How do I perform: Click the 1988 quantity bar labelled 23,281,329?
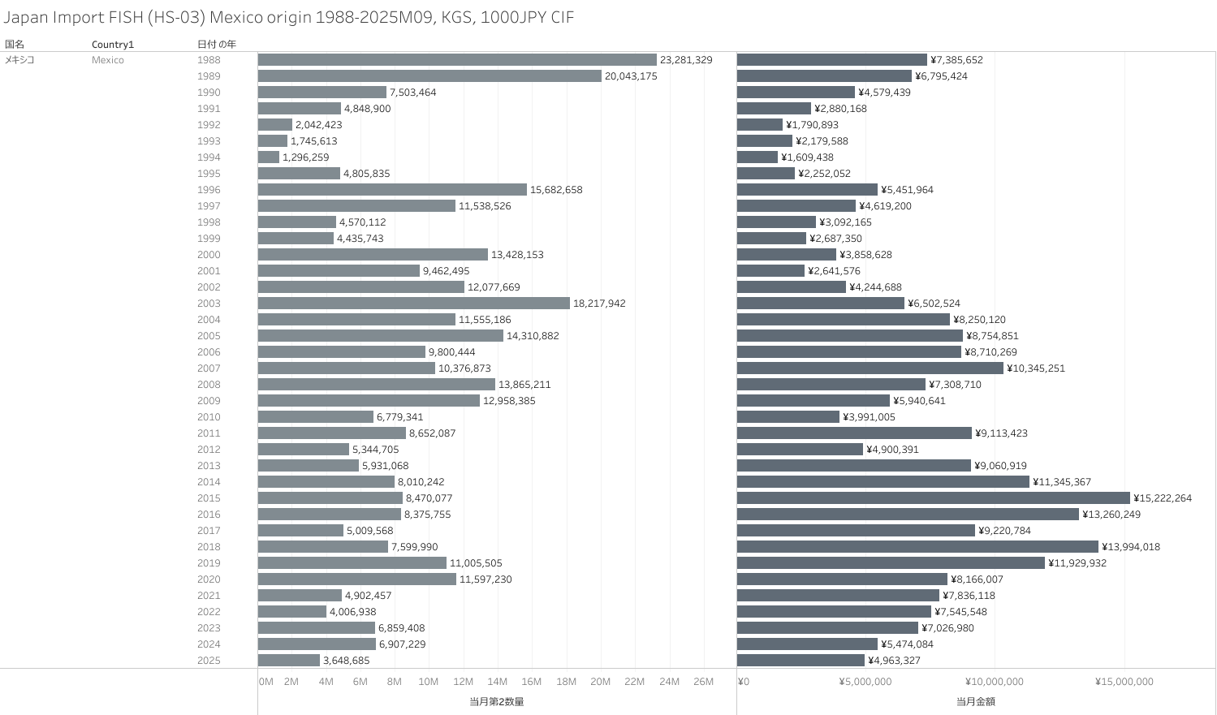pyautogui.click(x=457, y=60)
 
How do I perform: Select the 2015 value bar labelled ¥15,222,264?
pyautogui.click(x=933, y=498)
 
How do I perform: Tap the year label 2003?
pyautogui.click(x=209, y=304)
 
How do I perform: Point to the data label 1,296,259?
pyautogui.click(x=306, y=157)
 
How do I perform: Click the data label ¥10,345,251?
pyautogui.click(x=1036, y=368)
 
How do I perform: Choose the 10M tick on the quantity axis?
pyautogui.click(x=428, y=682)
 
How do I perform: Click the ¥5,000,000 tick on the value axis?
pyautogui.click(x=865, y=682)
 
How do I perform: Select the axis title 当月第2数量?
pyautogui.click(x=496, y=701)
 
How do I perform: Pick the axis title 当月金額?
pyautogui.click(x=975, y=701)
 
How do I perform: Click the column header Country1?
pyautogui.click(x=113, y=45)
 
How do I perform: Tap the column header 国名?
pyautogui.click(x=15, y=45)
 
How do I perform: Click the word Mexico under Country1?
pyautogui.click(x=108, y=60)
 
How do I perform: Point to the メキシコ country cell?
pyautogui.click(x=19, y=60)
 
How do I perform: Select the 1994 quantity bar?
pyautogui.click(x=269, y=157)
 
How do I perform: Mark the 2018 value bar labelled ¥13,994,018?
pyautogui.click(x=917, y=547)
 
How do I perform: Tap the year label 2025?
pyautogui.click(x=209, y=661)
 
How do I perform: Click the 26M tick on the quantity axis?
pyautogui.click(x=703, y=682)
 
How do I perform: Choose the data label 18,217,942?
pyautogui.click(x=599, y=304)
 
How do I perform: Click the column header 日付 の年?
pyautogui.click(x=216, y=45)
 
